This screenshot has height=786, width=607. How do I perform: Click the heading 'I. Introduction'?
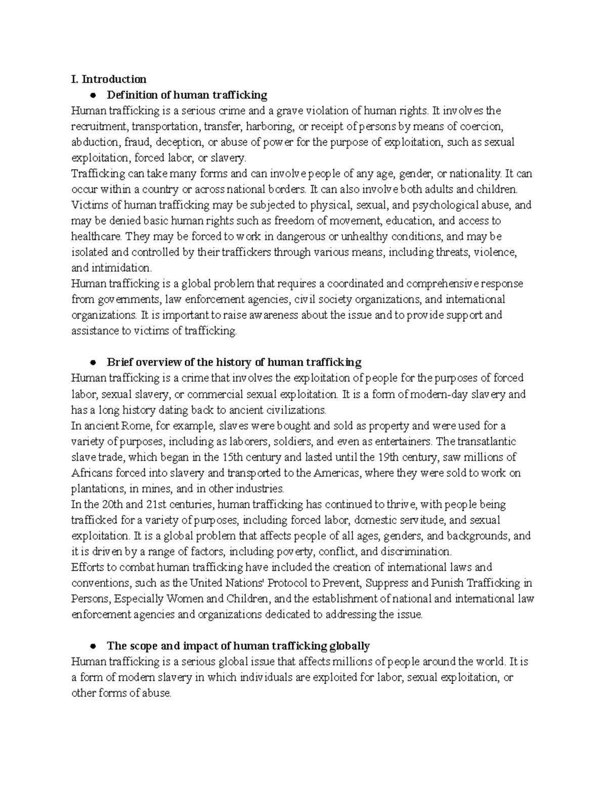109,79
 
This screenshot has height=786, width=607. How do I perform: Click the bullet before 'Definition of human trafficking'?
92,95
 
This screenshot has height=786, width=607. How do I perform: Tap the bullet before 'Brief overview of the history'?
92,362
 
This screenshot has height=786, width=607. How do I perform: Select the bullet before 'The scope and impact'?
92,646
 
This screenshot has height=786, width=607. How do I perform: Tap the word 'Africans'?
92,473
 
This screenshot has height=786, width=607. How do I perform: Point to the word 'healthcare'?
96,236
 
